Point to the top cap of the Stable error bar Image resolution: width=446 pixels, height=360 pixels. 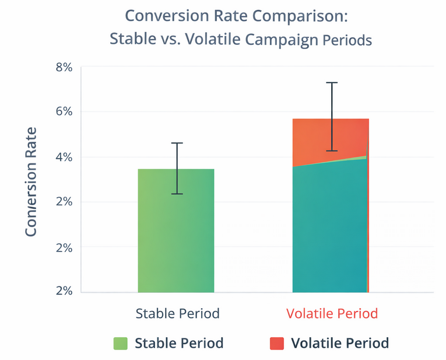[177, 143]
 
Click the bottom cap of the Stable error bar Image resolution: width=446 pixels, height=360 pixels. [177, 194]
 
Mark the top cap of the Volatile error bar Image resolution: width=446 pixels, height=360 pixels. [331, 83]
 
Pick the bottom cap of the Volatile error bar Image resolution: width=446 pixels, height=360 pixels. [331, 151]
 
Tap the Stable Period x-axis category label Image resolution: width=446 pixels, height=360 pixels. [177, 313]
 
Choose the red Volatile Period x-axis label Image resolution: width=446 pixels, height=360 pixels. [332, 313]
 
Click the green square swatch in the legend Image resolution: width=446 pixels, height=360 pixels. [120, 343]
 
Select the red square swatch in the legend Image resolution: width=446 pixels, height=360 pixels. [276, 343]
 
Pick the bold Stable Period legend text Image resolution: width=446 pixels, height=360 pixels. [179, 343]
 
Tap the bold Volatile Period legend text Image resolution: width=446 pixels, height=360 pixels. [339, 343]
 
